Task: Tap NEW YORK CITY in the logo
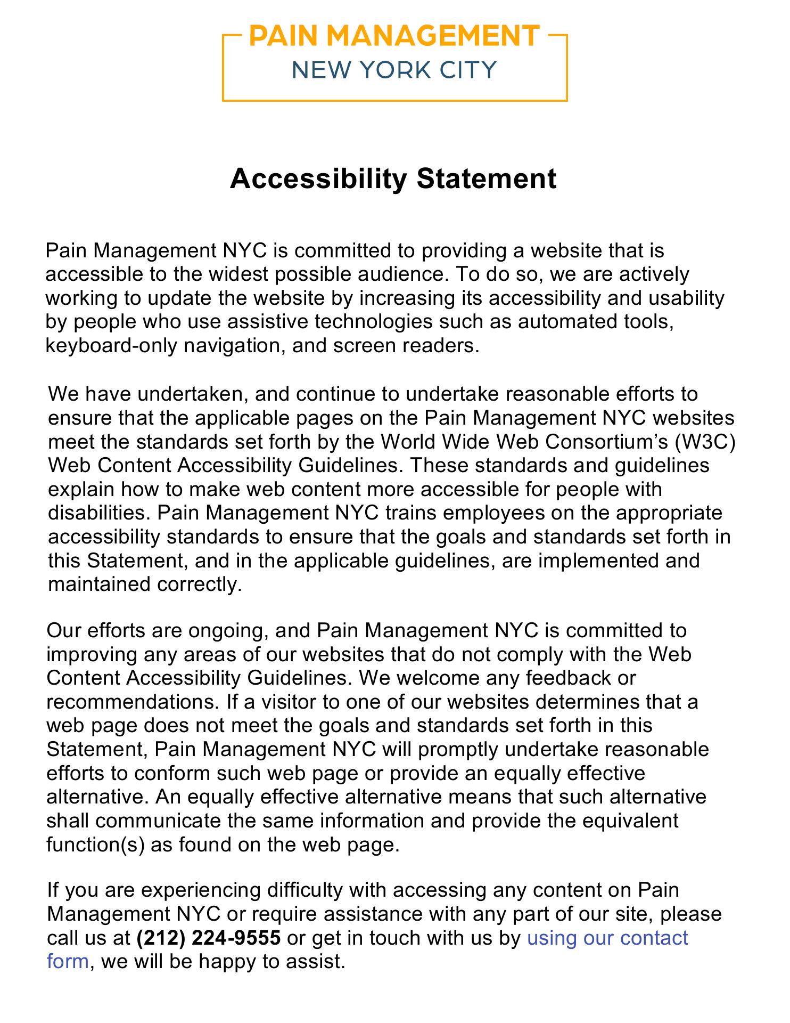(x=394, y=70)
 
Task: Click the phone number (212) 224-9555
(x=208, y=937)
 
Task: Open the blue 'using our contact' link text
(x=607, y=937)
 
